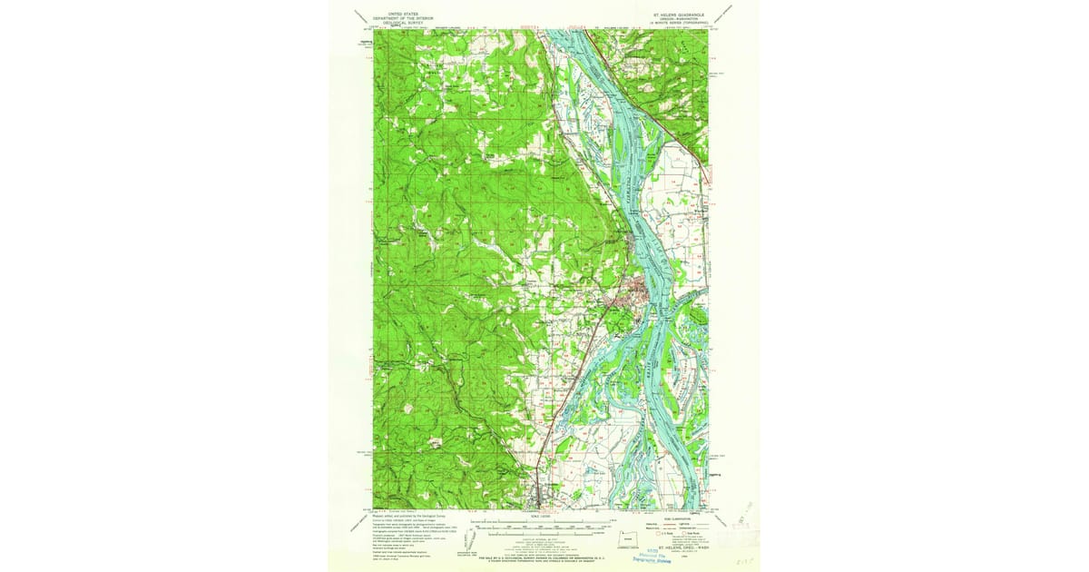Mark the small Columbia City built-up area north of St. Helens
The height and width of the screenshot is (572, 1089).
tap(633, 240)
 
